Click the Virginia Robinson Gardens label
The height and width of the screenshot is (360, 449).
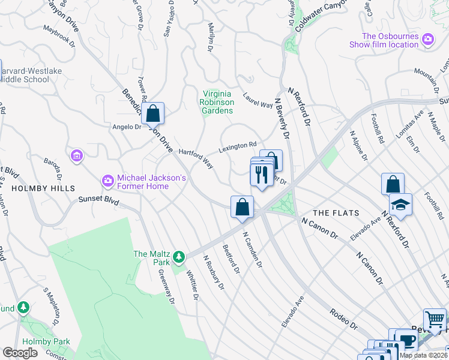point(217,102)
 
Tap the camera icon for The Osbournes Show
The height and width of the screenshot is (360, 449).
point(428,40)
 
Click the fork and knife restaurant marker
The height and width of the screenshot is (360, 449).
point(261,176)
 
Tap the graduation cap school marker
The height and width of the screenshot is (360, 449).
point(400,205)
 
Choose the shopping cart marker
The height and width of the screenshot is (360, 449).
point(435,320)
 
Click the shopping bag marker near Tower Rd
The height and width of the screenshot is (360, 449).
point(153,113)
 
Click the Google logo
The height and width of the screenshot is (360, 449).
point(20,353)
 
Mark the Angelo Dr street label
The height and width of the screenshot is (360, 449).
point(126,127)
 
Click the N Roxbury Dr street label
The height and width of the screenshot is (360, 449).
point(213,274)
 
